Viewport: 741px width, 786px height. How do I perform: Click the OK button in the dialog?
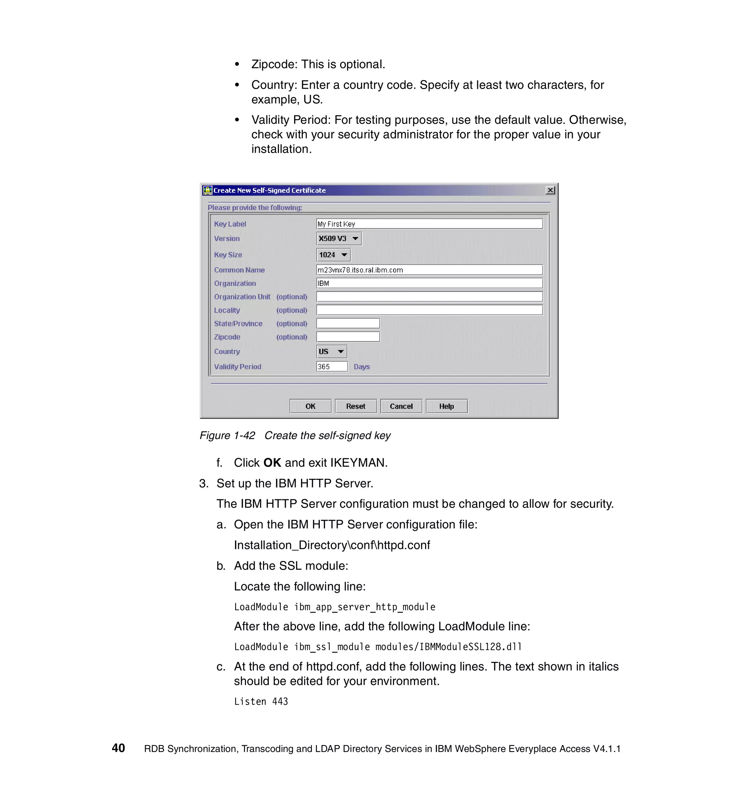[x=310, y=406]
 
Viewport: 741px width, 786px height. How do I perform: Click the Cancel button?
[x=401, y=406]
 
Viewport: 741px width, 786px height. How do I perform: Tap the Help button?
[x=446, y=406]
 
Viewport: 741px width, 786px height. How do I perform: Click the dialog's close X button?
[x=550, y=190]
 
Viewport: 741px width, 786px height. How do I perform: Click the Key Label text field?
[x=429, y=224]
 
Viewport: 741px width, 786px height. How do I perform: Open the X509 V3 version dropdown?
[x=339, y=238]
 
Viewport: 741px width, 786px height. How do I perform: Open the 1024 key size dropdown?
[x=334, y=255]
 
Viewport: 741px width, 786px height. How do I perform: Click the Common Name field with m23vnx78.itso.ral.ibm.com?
[x=429, y=270]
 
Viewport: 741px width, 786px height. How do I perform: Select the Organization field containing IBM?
[x=429, y=283]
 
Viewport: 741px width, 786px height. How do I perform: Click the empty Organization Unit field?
[x=429, y=296]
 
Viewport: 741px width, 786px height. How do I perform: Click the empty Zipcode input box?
[x=348, y=337]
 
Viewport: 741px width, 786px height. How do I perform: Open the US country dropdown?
[x=331, y=351]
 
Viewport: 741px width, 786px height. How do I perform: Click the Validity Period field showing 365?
[x=331, y=367]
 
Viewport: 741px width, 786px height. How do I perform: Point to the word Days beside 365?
[x=361, y=367]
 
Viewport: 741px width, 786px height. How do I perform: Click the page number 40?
[x=118, y=748]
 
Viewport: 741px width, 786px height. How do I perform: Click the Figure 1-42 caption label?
[x=227, y=435]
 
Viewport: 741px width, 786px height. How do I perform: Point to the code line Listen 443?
[x=261, y=701]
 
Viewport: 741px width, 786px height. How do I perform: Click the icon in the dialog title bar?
[x=207, y=190]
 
